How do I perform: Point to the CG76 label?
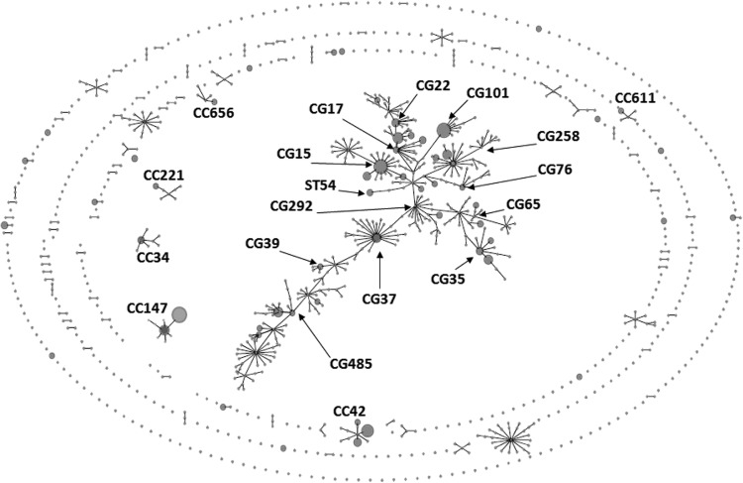[555, 170]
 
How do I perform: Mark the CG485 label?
[353, 363]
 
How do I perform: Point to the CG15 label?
[295, 154]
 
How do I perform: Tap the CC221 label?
[163, 176]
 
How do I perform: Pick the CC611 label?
[635, 98]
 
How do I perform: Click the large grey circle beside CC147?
[179, 314]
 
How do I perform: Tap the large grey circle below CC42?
[368, 430]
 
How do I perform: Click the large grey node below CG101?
[444, 129]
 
